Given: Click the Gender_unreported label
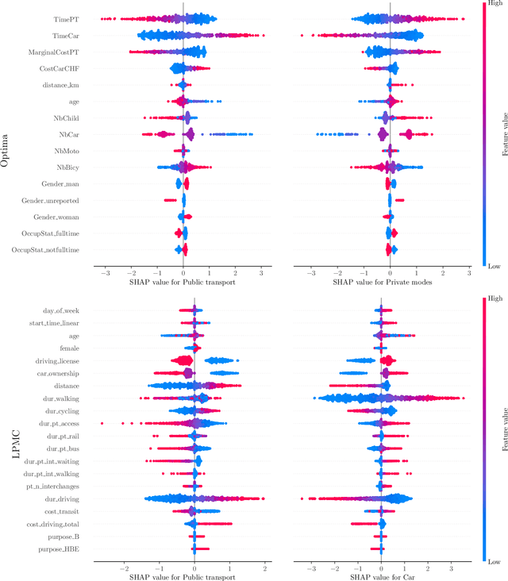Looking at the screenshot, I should pyautogui.click(x=56, y=201).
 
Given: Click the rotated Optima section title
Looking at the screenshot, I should pyautogui.click(x=15, y=135).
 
